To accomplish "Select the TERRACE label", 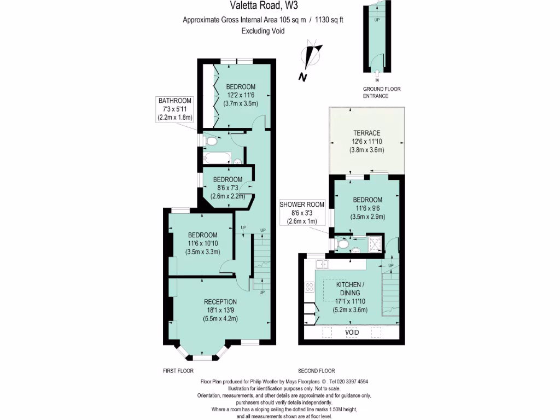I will [365, 133].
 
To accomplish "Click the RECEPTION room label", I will [220, 302].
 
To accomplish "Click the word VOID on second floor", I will [352, 332].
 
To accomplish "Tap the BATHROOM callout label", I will [175, 101].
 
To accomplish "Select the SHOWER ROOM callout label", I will [302, 205].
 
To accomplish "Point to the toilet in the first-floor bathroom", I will [211, 142].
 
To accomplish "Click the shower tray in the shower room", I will [375, 243].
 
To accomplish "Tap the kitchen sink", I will [322, 265].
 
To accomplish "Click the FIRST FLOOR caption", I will [178, 370].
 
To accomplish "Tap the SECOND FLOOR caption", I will [317, 370].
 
